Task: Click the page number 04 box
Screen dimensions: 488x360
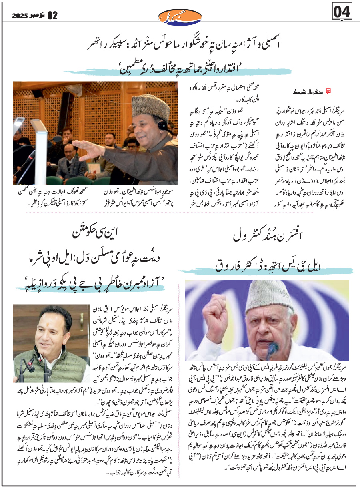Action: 342,12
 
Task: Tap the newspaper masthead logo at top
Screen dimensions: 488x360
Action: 180,16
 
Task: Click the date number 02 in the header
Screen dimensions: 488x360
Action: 52,16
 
